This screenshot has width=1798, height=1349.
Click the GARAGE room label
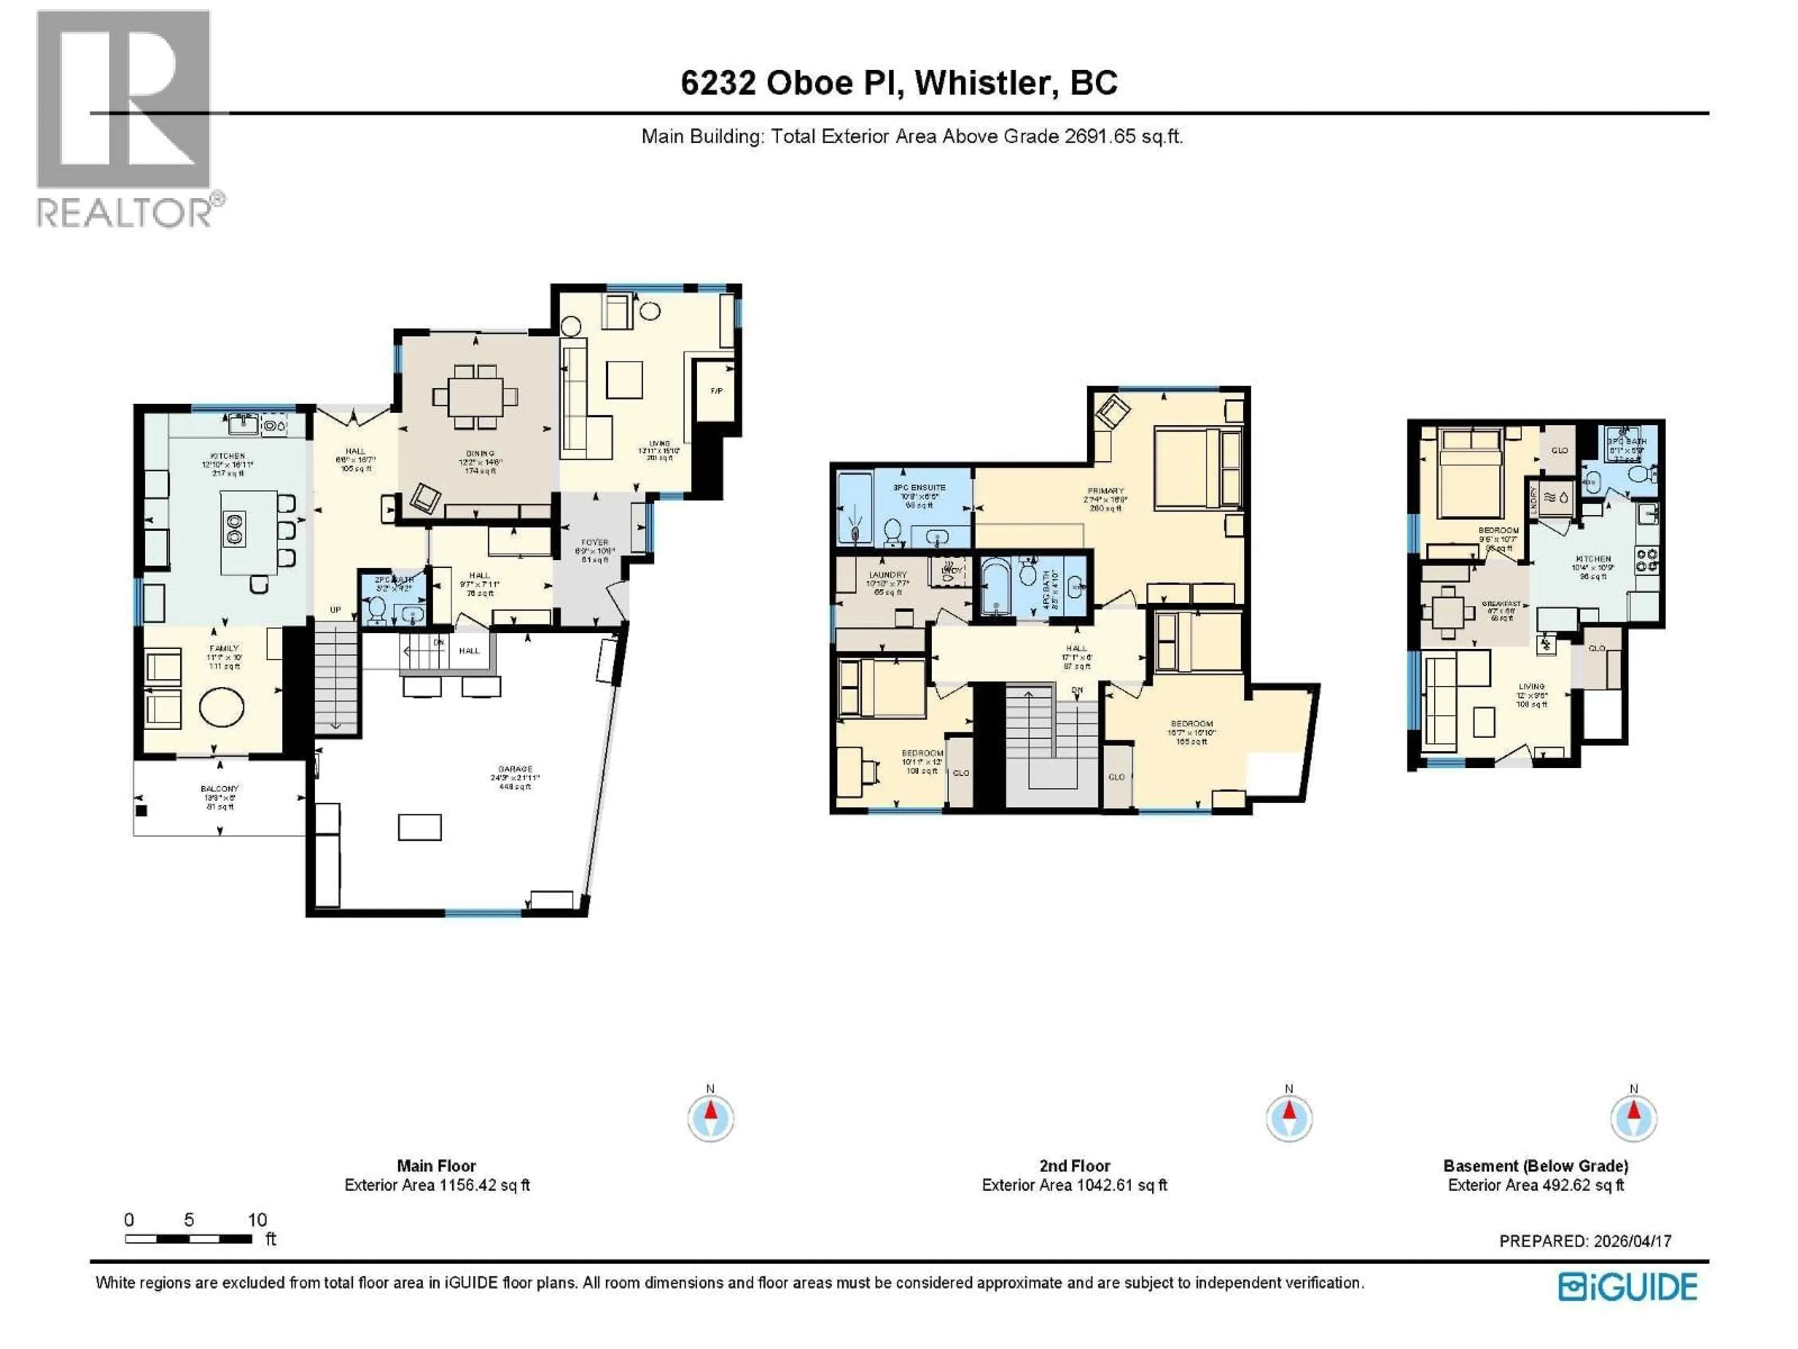[516, 769]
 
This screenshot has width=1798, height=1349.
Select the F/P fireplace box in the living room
[716, 391]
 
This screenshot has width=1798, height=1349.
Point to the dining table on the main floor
[475, 397]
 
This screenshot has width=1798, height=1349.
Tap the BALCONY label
[220, 789]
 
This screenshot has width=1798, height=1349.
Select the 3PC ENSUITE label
[919, 488]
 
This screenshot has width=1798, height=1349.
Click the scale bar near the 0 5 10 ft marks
[189, 1239]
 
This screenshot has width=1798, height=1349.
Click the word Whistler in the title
[985, 83]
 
